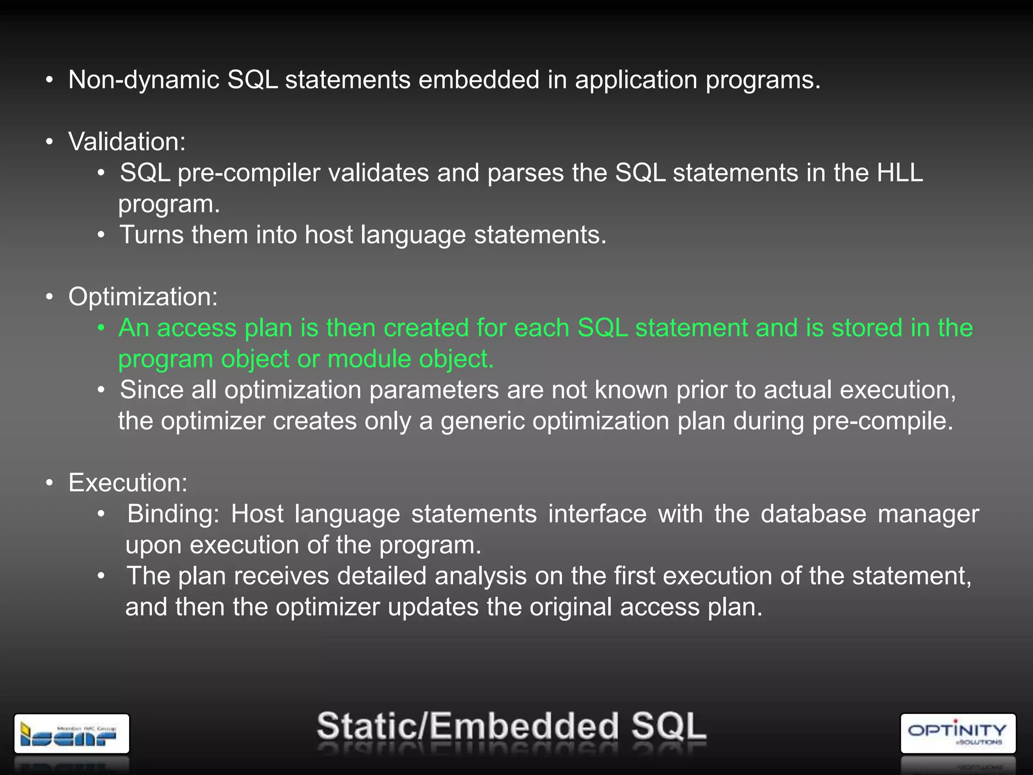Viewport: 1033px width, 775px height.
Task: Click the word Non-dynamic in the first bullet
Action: (x=143, y=80)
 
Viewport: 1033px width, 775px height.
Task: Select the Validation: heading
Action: (x=127, y=142)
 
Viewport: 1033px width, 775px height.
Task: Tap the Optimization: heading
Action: (x=143, y=297)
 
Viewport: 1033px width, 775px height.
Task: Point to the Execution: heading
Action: (x=128, y=483)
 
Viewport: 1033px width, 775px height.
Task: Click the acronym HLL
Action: (x=900, y=173)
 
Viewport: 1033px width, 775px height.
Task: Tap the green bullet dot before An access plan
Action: (x=101, y=328)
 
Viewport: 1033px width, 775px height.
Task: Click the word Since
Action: (x=151, y=390)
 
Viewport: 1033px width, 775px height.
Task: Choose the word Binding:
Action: (x=173, y=515)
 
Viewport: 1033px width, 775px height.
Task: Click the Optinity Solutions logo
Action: (x=957, y=733)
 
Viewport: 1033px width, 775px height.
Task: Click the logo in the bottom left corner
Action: (x=72, y=734)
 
